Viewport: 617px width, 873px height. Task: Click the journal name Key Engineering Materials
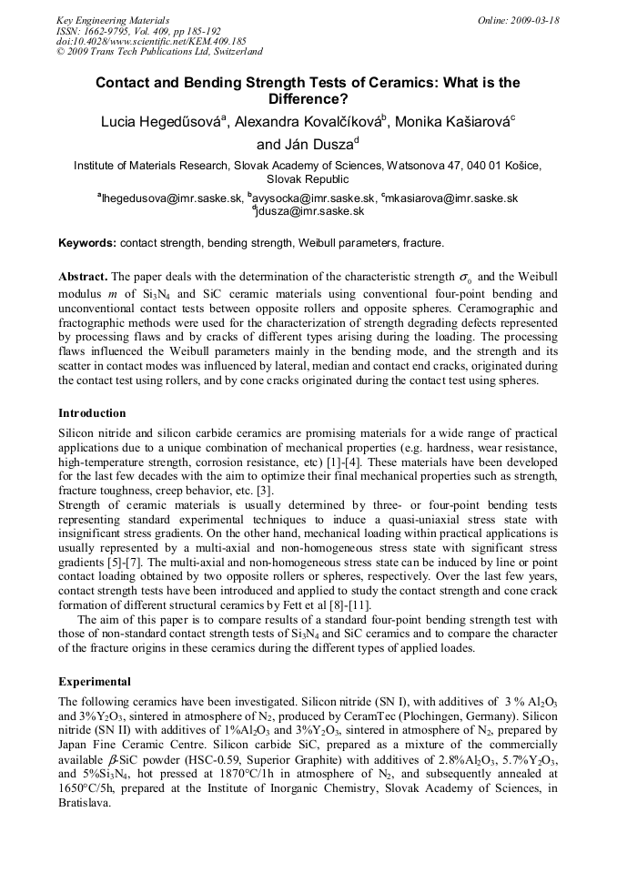point(112,20)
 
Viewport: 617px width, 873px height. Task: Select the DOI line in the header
point(151,41)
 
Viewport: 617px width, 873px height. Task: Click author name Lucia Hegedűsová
point(161,122)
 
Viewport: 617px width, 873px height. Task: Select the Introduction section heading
point(92,412)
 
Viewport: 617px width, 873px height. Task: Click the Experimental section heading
point(95,681)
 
